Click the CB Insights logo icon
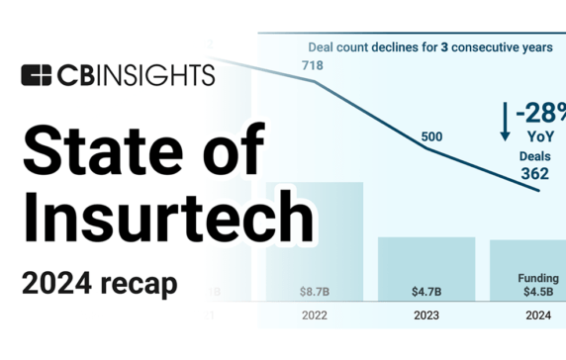point(36,76)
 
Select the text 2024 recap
point(99,283)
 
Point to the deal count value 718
point(314,66)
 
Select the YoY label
point(539,135)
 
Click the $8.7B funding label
point(315,293)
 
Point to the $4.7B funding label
point(427,293)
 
